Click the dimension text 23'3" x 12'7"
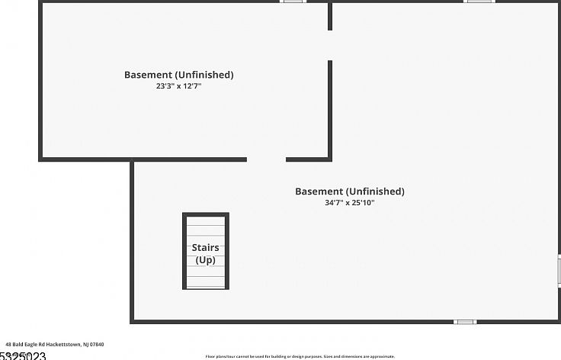pyautogui.click(x=178, y=86)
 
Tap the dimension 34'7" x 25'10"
pyautogui.click(x=349, y=203)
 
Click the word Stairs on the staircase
pyautogui.click(x=205, y=248)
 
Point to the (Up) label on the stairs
pyautogui.click(x=205, y=260)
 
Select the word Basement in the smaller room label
pyautogui.click(x=148, y=75)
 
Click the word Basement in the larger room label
pyautogui.click(x=319, y=191)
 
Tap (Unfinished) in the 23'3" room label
pyautogui.click(x=204, y=75)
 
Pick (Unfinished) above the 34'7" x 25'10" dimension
pyautogui.click(x=374, y=191)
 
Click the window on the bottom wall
pyautogui.click(x=465, y=322)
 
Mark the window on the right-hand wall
pyautogui.click(x=559, y=271)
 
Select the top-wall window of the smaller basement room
pyautogui.click(x=293, y=2)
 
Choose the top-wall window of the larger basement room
pyautogui.click(x=479, y=2)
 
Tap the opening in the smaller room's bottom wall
pyautogui.click(x=266, y=159)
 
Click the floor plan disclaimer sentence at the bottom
pyautogui.click(x=300, y=356)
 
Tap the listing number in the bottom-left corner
pyautogui.click(x=23, y=356)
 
